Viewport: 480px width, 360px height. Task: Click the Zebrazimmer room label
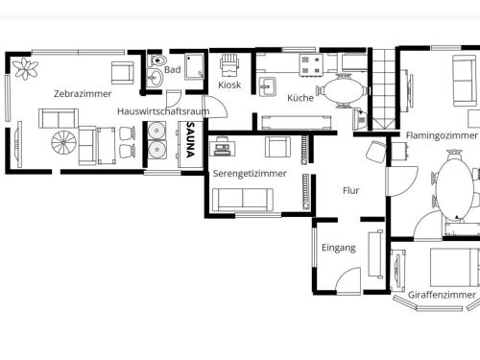[x=83, y=94]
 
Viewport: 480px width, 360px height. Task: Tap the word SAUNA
[x=190, y=139]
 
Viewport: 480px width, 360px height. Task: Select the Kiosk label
[x=229, y=84]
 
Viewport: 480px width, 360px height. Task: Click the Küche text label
[x=300, y=98]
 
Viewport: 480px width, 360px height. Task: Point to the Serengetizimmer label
[x=250, y=174]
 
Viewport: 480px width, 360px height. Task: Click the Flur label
[x=350, y=191]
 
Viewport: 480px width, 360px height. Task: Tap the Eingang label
[x=339, y=248]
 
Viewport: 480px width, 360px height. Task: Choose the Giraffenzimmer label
[x=442, y=295]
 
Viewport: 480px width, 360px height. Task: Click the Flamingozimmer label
[x=442, y=135]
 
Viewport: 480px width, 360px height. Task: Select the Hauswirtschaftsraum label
[x=163, y=111]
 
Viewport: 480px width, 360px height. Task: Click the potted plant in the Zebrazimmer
[x=25, y=69]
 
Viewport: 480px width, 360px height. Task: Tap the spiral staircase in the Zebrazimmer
[x=64, y=142]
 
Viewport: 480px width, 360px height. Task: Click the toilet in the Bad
[x=158, y=60]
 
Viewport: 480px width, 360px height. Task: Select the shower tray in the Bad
[x=194, y=66]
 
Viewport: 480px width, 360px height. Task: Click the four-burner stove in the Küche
[x=311, y=65]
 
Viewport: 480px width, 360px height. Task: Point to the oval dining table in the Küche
[x=342, y=90]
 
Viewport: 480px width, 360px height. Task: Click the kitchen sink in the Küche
[x=268, y=86]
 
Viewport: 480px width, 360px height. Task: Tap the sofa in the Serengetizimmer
[x=243, y=200]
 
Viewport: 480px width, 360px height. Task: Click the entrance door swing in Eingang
[x=348, y=280]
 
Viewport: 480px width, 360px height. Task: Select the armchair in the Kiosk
[x=229, y=65]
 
